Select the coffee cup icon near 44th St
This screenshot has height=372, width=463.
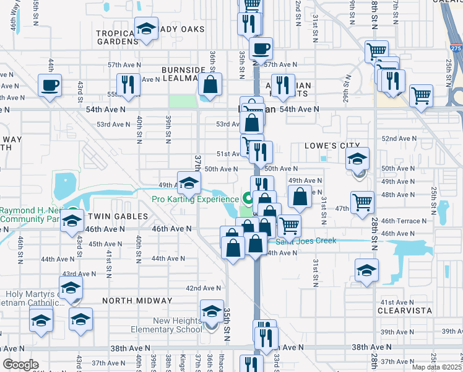click(x=50, y=86)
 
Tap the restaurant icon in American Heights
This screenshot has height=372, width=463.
click(x=282, y=86)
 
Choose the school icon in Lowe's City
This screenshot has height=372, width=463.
click(x=357, y=159)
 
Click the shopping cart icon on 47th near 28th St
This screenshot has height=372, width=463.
click(x=362, y=202)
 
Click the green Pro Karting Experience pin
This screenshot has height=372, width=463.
click(x=248, y=199)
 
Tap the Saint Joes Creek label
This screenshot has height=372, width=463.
click(x=306, y=241)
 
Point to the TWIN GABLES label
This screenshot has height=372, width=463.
click(x=117, y=216)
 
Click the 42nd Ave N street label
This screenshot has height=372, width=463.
click(x=204, y=288)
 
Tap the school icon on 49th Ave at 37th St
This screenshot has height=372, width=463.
click(x=189, y=182)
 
